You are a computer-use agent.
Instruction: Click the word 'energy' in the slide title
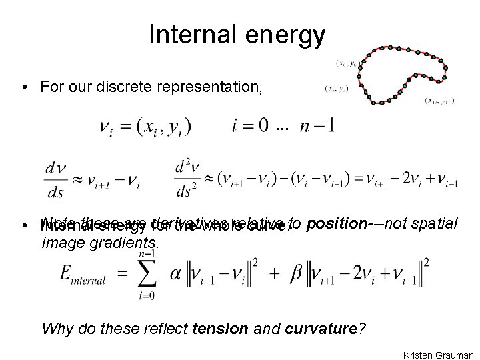(286, 36)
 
